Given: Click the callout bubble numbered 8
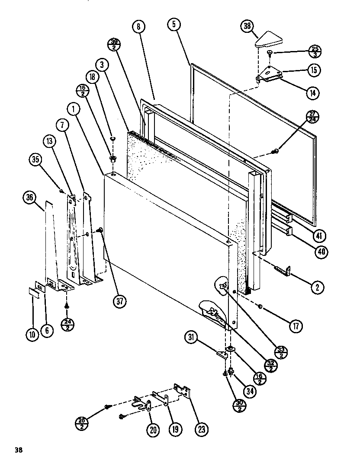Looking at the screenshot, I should click(138, 27).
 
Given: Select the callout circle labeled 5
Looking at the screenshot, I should click(174, 25).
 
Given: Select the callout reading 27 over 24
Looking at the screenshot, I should click(312, 117).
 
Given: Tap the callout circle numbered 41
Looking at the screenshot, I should click(320, 236).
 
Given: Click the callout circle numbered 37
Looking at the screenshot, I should click(120, 301).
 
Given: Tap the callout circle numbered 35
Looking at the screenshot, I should click(35, 159).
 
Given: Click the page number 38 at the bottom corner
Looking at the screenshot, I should click(18, 450).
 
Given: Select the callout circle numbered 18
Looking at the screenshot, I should click(92, 78).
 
